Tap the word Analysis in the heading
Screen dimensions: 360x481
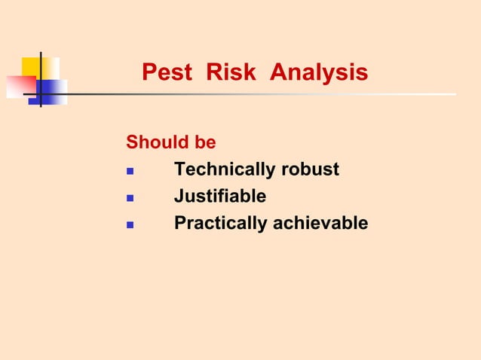319,73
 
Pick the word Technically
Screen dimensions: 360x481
225,170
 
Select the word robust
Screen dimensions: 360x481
310,170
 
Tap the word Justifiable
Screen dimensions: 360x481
220,197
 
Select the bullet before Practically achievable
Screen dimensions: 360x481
130,225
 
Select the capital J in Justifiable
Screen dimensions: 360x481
179,197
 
